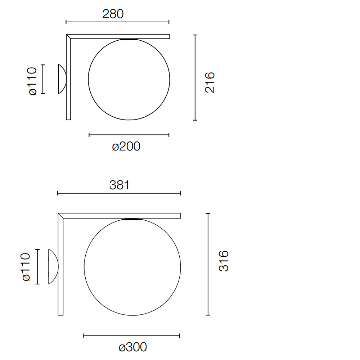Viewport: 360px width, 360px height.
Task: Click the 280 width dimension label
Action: coord(113,14)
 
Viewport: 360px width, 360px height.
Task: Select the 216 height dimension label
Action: coord(210,82)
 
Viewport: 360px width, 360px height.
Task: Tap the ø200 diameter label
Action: coord(126,146)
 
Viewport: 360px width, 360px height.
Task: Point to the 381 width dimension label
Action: coord(120,185)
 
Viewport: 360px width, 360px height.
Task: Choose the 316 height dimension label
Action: coord(224,261)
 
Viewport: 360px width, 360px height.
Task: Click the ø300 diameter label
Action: coord(133,347)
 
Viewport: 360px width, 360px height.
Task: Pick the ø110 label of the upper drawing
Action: coord(32,81)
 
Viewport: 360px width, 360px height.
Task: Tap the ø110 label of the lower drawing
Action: coord(26,267)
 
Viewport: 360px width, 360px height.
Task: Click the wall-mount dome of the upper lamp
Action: coord(62,79)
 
